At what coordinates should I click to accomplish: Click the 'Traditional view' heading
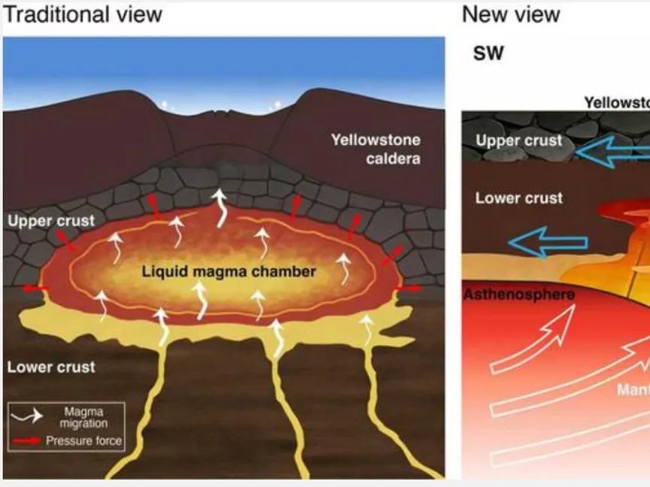point(83,14)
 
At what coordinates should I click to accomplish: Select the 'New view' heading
point(511,14)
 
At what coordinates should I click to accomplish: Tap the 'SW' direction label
point(488,53)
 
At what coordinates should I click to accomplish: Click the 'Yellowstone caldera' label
point(375,149)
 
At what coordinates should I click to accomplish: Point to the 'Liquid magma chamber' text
point(229,271)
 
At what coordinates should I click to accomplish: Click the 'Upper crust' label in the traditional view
point(51,221)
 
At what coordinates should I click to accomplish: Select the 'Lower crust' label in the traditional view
point(51,367)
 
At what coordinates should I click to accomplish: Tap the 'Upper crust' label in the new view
point(519,141)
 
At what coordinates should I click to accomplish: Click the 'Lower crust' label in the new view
point(519,198)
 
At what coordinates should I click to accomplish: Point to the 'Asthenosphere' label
point(518,294)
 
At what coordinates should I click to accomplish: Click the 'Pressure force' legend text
point(84,441)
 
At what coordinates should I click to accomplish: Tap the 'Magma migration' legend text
point(84,417)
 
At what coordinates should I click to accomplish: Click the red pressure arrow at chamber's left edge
point(35,288)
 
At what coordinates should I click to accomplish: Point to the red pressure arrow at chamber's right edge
point(409,288)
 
